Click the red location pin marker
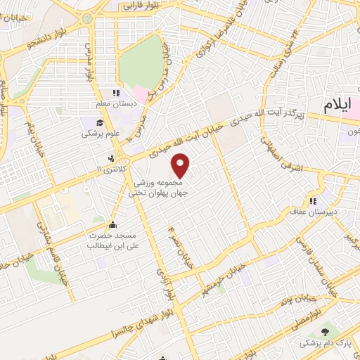pyautogui.click(x=181, y=166)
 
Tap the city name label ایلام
pyautogui.click(x=336, y=105)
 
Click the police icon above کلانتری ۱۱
pyautogui.click(x=112, y=158)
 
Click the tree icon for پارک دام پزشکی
pyautogui.click(x=324, y=331)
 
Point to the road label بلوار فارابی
pyautogui.click(x=141, y=6)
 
